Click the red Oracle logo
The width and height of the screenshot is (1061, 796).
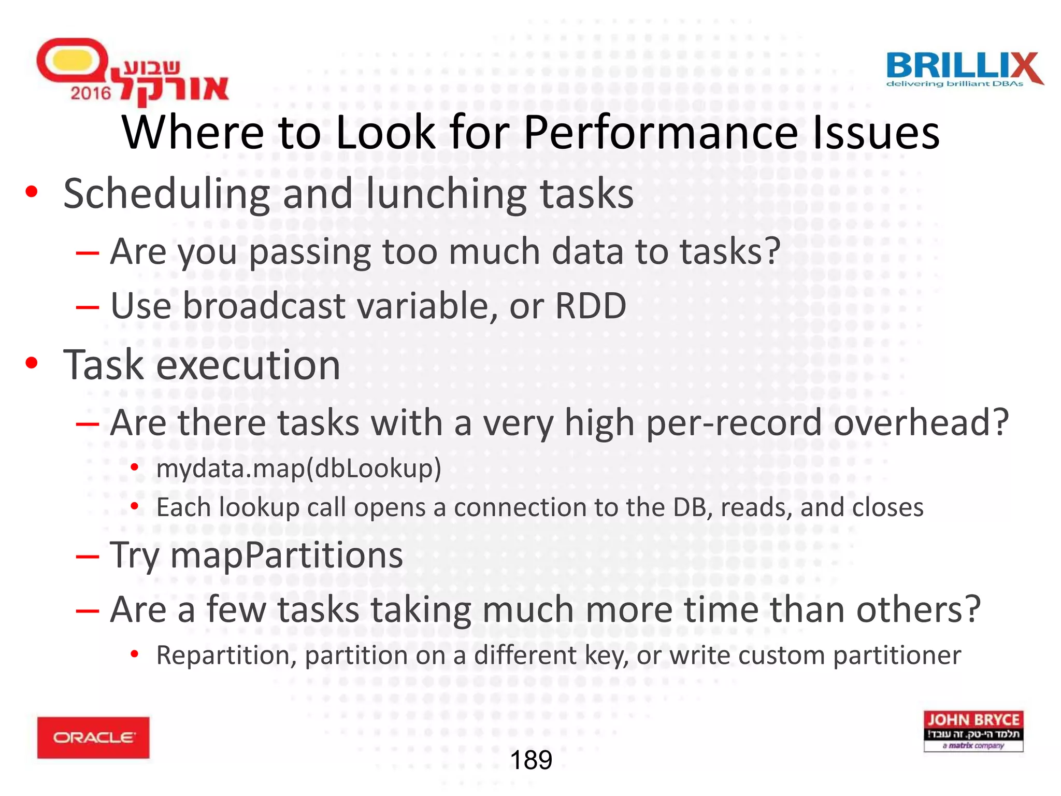[x=93, y=737]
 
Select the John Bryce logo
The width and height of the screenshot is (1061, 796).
[x=973, y=731]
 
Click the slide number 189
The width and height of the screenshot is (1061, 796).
[x=531, y=760]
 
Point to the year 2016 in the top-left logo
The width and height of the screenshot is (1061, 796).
[x=91, y=93]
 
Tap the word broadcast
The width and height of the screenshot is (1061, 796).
[x=264, y=306]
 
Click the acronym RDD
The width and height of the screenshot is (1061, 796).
[x=591, y=306]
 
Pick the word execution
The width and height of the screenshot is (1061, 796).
[x=248, y=365]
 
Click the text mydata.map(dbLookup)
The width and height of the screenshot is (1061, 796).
[x=299, y=468]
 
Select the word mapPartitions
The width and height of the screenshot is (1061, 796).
[x=286, y=555]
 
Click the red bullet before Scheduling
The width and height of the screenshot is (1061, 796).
[x=32, y=192]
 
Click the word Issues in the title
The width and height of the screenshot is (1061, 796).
[x=876, y=133]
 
